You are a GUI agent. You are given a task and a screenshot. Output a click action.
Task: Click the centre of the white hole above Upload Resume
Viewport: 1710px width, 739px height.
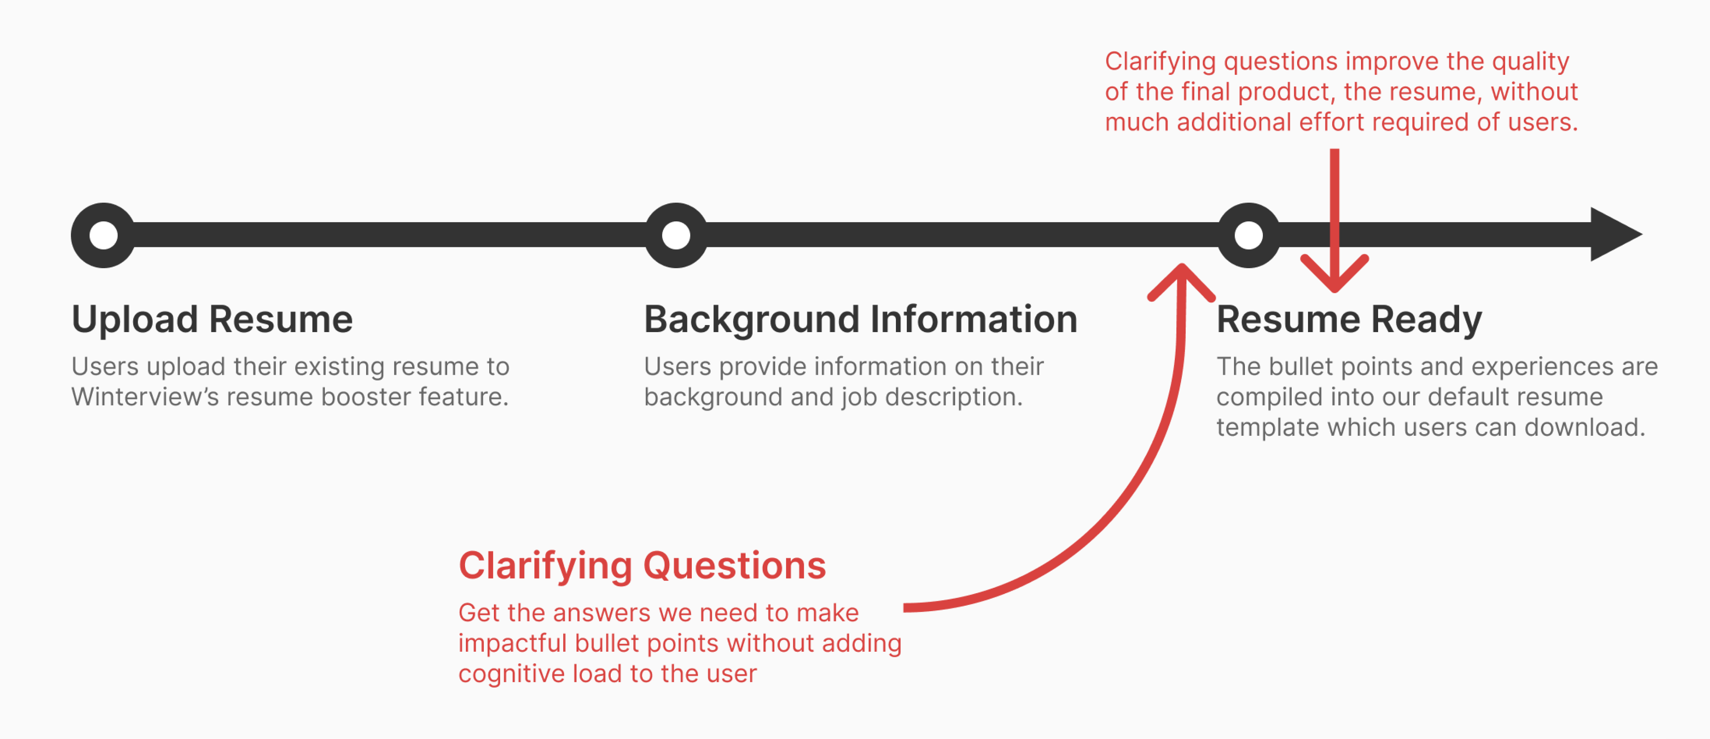(104, 235)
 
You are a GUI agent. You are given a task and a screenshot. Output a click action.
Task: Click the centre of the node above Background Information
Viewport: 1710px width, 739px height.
(676, 235)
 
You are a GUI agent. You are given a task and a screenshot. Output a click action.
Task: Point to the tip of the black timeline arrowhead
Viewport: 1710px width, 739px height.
(1642, 234)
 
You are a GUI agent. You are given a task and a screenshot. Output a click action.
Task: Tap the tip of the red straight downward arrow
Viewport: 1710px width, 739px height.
(1334, 291)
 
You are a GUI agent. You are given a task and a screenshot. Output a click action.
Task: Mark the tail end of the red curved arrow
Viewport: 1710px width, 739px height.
(904, 607)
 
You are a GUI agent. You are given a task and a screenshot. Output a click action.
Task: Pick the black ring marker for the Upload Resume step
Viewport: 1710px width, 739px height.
(104, 235)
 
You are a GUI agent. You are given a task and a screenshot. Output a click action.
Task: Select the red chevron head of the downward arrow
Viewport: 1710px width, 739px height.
(1334, 273)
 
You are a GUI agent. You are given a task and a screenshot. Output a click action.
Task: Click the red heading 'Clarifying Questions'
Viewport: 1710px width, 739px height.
(642, 566)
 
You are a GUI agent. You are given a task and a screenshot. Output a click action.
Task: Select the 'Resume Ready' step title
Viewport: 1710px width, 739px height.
(1349, 320)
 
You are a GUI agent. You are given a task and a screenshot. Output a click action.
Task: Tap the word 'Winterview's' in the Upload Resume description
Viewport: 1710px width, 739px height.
(145, 397)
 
